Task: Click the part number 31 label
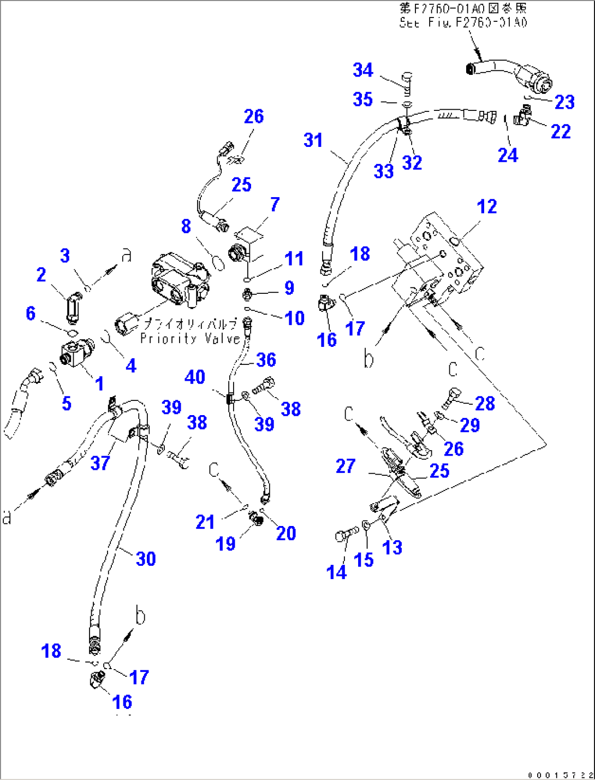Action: [313, 140]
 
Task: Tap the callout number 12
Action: [486, 206]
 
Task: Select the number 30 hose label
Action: [146, 559]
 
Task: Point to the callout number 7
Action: [275, 204]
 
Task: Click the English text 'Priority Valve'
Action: [190, 339]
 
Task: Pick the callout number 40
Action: [195, 377]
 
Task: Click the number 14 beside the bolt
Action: [336, 572]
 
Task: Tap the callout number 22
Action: [561, 131]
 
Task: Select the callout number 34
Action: [363, 70]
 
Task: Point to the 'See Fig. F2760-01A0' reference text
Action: [463, 22]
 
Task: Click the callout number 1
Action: [99, 383]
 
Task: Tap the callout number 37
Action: [100, 463]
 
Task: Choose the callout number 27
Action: [346, 466]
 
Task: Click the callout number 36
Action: [266, 359]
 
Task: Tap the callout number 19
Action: [225, 543]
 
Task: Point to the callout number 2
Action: [41, 275]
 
